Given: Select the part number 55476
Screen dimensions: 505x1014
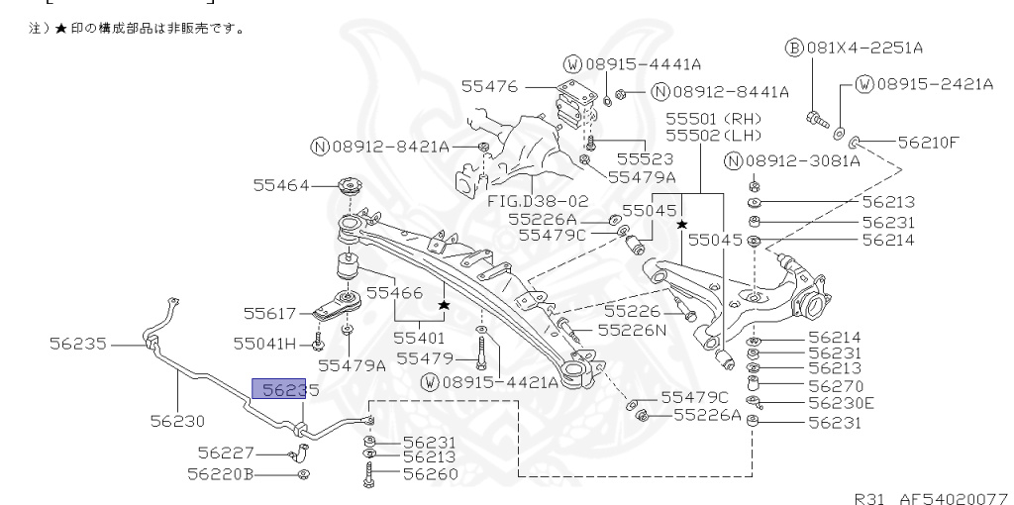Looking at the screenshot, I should (491, 86).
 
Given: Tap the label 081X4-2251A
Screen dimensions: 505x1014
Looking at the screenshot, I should (875, 48).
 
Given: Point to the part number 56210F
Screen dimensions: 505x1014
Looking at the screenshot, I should (929, 142).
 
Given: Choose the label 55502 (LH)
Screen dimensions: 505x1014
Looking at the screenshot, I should (711, 134).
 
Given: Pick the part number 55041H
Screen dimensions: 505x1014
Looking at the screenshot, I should (264, 344).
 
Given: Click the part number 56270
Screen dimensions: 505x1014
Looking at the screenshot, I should (836, 385).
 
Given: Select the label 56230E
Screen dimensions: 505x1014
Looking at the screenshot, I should (842, 403).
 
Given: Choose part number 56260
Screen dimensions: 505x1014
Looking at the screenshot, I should (429, 473).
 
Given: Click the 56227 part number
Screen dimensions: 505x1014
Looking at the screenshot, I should (226, 453).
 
